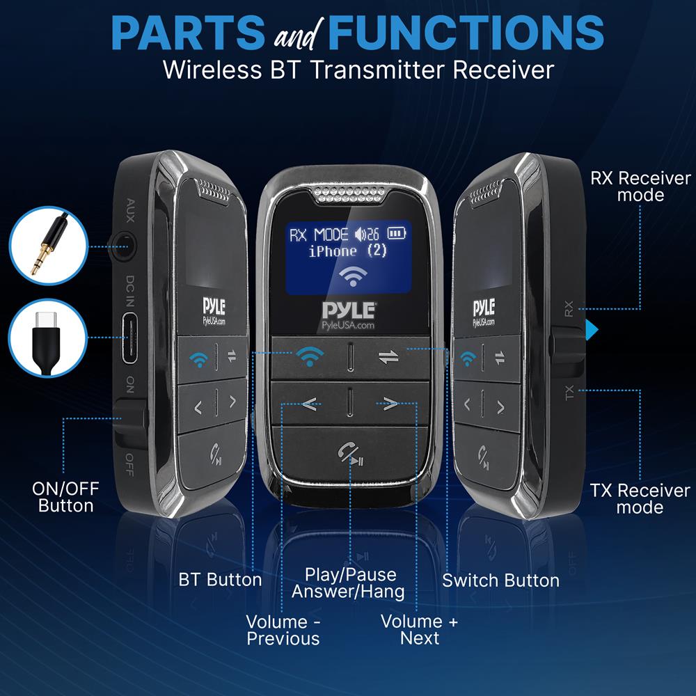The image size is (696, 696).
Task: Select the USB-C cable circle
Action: (x=42, y=338)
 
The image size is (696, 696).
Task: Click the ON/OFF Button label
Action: (x=65, y=497)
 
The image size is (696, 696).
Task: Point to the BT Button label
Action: (x=220, y=580)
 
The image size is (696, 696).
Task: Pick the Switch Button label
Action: (x=500, y=580)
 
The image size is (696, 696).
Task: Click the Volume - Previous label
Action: (x=283, y=630)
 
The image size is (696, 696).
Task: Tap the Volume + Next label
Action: (x=420, y=630)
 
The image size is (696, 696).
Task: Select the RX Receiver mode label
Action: (x=640, y=187)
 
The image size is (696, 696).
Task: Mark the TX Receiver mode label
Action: (x=640, y=498)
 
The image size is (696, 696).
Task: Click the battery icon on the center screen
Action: (x=397, y=234)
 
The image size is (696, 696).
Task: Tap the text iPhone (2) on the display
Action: (x=348, y=251)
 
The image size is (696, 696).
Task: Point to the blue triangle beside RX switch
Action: (x=591, y=329)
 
